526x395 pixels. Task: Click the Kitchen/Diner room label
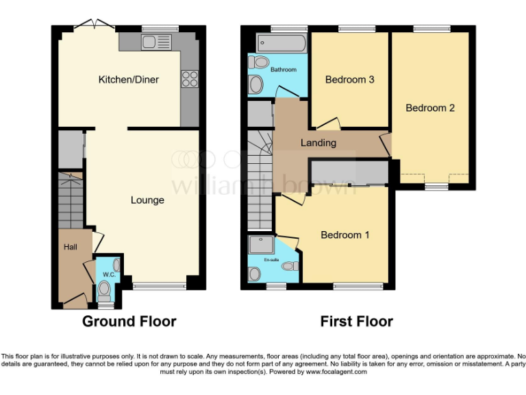click(x=128, y=80)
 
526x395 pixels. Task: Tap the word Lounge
click(x=147, y=200)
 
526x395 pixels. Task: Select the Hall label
click(x=70, y=247)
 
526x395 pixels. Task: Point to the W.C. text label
click(x=108, y=275)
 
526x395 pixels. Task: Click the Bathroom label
click(x=283, y=70)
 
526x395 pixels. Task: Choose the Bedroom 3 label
click(x=349, y=80)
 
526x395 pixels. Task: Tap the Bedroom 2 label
click(x=430, y=108)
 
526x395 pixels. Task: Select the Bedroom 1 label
click(x=345, y=235)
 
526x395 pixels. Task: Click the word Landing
click(x=318, y=143)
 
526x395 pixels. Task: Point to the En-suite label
click(x=271, y=260)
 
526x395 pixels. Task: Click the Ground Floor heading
click(x=129, y=321)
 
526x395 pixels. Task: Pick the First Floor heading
click(x=356, y=321)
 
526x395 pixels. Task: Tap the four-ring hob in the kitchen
click(x=190, y=79)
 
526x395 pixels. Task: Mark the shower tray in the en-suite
click(x=261, y=245)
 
